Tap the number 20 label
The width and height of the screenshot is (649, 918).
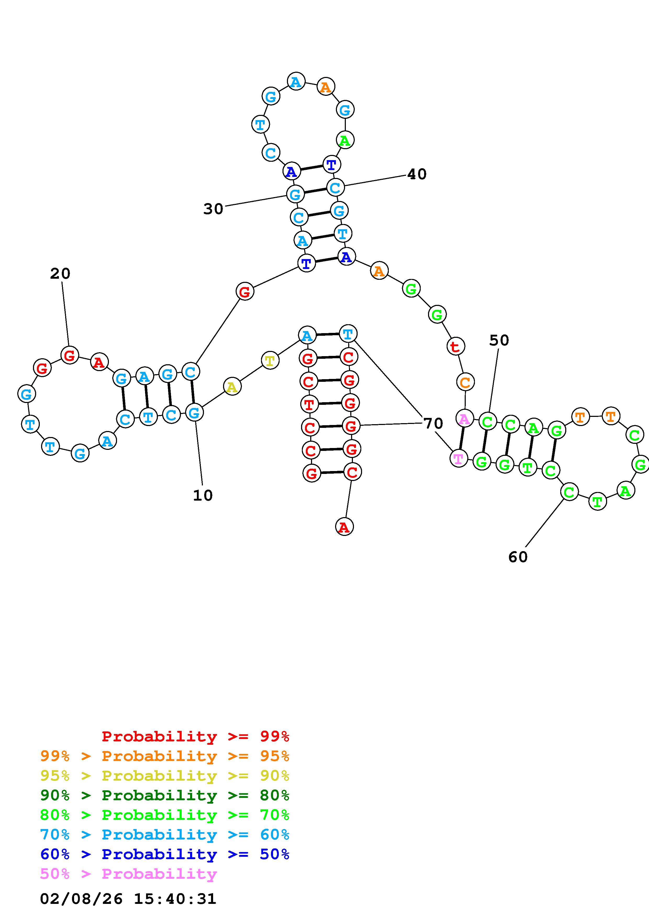60,274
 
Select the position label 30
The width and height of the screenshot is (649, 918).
213,209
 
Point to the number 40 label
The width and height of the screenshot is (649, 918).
417,174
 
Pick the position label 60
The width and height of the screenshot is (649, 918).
518,557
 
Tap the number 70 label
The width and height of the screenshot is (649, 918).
433,423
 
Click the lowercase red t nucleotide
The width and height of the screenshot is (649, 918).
455,347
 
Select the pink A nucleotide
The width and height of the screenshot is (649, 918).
464,419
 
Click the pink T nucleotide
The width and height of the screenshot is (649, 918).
459,458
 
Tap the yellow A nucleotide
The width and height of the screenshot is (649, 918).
232,387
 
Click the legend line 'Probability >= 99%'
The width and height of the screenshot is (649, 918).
196,736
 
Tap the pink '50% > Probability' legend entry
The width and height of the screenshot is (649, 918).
128,874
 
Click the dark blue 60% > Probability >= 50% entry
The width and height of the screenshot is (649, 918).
165,854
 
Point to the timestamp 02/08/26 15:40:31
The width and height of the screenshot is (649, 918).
128,899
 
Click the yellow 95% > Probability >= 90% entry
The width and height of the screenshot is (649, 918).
165,776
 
